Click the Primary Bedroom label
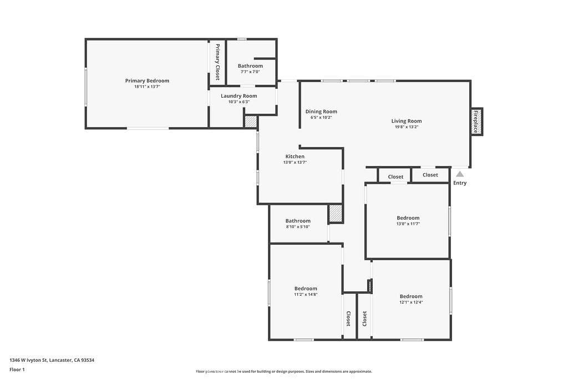(147, 80)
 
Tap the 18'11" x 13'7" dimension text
(147, 87)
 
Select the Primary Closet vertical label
(217, 62)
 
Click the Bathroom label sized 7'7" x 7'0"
(250, 65)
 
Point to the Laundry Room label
(239, 95)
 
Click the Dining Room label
(321, 112)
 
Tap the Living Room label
(407, 121)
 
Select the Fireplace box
(476, 121)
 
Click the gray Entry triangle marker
(460, 174)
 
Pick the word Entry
(460, 183)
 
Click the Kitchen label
(295, 156)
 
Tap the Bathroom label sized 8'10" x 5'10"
(298, 221)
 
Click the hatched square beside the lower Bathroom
(336, 214)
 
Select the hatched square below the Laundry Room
(251, 122)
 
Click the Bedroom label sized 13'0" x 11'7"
(408, 218)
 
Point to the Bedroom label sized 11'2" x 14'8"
(306, 289)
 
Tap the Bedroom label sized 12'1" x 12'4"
(411, 296)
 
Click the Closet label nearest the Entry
(430, 175)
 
